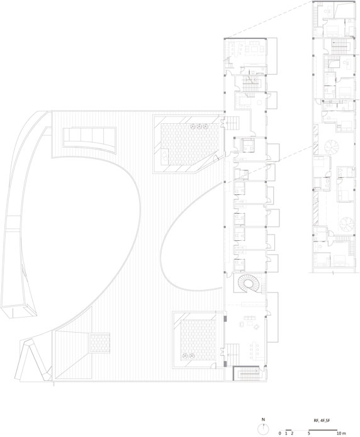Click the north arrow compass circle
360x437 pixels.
pyautogui.click(x=264, y=428)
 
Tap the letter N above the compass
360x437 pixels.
pyautogui.click(x=263, y=419)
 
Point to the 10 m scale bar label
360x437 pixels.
pyautogui.click(x=342, y=433)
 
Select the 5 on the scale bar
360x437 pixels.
pyautogui.click(x=309, y=433)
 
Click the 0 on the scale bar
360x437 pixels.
pyautogui.click(x=280, y=433)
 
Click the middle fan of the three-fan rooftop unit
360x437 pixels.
pyautogui.click(x=200, y=127)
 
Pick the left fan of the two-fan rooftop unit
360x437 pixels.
pyautogui.click(x=185, y=356)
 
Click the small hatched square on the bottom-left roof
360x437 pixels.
pyautogui.click(x=99, y=343)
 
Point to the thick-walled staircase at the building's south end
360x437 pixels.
pyautogui.click(x=247, y=373)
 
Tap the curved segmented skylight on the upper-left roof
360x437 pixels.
pyautogui.click(x=89, y=140)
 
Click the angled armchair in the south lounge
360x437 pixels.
pyautogui.click(x=257, y=327)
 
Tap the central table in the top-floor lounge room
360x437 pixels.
pyautogui.click(x=255, y=49)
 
